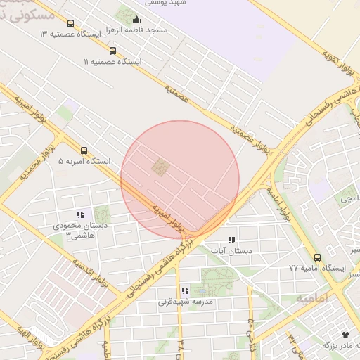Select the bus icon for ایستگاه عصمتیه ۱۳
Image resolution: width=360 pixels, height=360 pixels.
(x=71, y=23)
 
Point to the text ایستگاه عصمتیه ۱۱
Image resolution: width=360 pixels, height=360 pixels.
(x=112, y=62)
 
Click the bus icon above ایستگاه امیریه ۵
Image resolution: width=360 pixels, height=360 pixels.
(x=84, y=150)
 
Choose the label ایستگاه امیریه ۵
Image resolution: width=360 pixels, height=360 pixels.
(x=84, y=162)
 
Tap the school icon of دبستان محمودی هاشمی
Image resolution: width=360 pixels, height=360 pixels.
(x=80, y=215)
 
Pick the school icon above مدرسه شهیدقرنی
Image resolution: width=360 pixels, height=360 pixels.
(x=185, y=290)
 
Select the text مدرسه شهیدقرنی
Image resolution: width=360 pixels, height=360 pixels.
(x=185, y=302)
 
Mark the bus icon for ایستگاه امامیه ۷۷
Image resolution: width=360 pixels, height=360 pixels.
(x=318, y=257)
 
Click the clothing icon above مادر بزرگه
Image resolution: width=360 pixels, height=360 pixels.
(x=345, y=334)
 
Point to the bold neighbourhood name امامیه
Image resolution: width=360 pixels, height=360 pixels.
(x=311, y=299)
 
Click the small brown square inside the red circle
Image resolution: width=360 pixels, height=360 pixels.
(x=161, y=167)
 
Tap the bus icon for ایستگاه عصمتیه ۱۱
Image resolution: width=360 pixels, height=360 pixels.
(x=113, y=51)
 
